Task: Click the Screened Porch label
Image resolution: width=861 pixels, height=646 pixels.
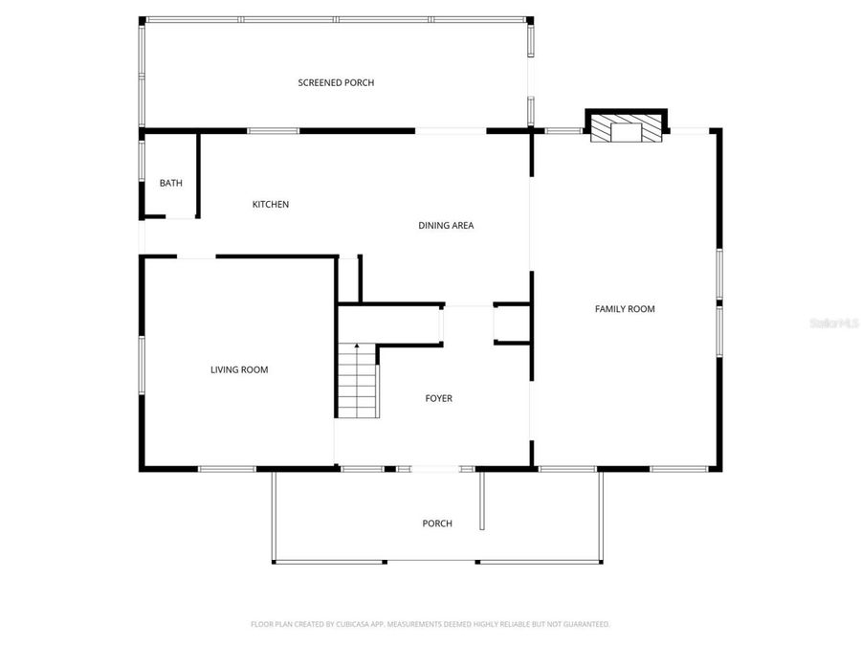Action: pyautogui.click(x=336, y=83)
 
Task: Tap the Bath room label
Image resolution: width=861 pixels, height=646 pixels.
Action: pyautogui.click(x=170, y=183)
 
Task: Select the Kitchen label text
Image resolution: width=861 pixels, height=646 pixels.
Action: pyautogui.click(x=270, y=204)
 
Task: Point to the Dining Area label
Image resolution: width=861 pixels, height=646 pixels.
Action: pyautogui.click(x=446, y=226)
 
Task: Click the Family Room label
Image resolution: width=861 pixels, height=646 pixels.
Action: pyautogui.click(x=625, y=308)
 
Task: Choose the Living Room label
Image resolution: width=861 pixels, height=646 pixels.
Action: pyautogui.click(x=239, y=369)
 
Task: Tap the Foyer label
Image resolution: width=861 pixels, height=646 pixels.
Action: pyautogui.click(x=439, y=398)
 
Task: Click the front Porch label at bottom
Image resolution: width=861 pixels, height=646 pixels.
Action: pyautogui.click(x=437, y=523)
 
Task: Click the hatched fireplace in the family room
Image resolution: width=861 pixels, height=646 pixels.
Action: pyautogui.click(x=626, y=131)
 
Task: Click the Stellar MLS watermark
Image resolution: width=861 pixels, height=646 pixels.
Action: pyautogui.click(x=833, y=324)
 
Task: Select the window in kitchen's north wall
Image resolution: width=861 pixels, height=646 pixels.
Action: pyautogui.click(x=274, y=130)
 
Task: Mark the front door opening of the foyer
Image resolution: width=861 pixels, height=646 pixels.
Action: pyautogui.click(x=435, y=469)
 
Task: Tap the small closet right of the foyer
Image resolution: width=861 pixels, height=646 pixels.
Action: pyautogui.click(x=512, y=323)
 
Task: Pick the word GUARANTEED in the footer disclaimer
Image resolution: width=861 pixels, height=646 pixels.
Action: pyautogui.click(x=586, y=624)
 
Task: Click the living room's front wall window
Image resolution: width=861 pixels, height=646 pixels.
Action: pyautogui.click(x=227, y=469)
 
